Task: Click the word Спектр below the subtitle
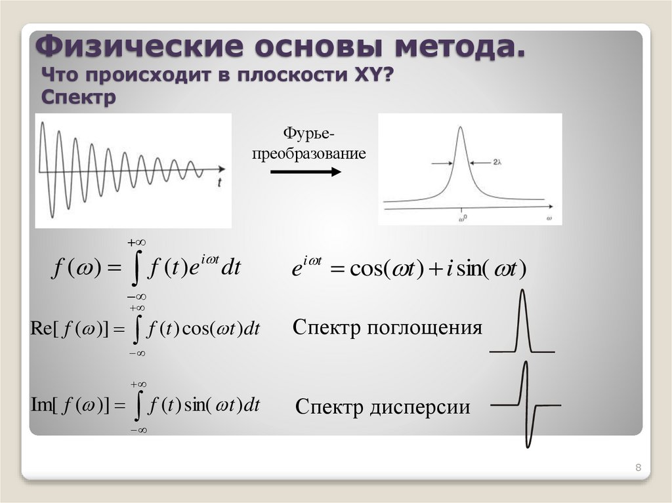point(78,97)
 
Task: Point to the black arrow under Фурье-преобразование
point(305,172)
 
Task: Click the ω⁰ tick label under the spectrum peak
point(463,216)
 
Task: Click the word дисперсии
point(427,407)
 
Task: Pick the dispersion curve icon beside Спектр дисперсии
point(526,405)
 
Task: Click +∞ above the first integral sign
point(136,243)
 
